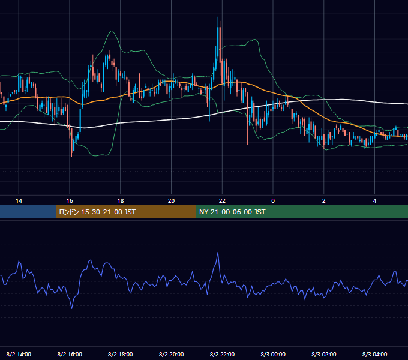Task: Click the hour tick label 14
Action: pos(19,201)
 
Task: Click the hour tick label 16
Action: pos(70,201)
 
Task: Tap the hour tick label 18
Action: pos(121,201)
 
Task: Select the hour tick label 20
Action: pos(171,201)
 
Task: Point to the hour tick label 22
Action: pos(222,201)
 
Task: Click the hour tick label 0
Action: pos(273,201)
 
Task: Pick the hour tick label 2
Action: pos(323,201)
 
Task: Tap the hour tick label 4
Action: pos(374,201)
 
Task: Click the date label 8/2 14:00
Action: pos(19,354)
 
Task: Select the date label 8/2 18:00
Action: pos(121,354)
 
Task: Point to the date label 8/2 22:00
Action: pos(222,354)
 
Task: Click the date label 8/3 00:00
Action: pos(273,354)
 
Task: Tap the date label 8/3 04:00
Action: pos(374,354)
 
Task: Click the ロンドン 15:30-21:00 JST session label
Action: pos(97,212)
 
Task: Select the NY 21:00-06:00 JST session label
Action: pos(232,212)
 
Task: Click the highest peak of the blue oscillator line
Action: pos(218,253)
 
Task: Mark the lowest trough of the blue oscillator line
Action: pos(72,308)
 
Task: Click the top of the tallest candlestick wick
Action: pos(218,17)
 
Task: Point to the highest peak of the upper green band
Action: pos(112,31)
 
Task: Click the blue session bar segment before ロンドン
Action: pos(28,212)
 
